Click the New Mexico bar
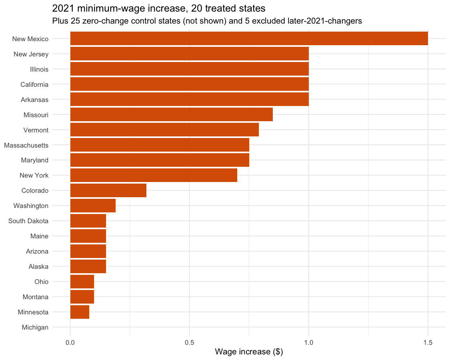pyautogui.click(x=249, y=38)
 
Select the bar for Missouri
pyautogui.click(x=171, y=114)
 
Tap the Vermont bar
pyautogui.click(x=164, y=130)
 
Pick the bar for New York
pyautogui.click(x=154, y=175)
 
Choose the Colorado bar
pyautogui.click(x=108, y=190)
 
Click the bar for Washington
pyautogui.click(x=93, y=206)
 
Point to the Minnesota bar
pyautogui.click(x=80, y=312)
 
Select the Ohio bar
pyautogui.click(x=82, y=282)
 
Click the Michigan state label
pyautogui.click(x=35, y=327)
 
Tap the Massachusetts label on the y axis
pyautogui.click(x=26, y=145)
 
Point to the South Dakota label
pyautogui.click(x=28, y=221)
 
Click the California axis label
pyautogui.click(x=34, y=84)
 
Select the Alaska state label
pyautogui.click(x=38, y=266)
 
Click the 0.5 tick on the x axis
pyautogui.click(x=190, y=342)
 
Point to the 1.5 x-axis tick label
pyautogui.click(x=428, y=342)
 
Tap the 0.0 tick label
pyautogui.click(x=70, y=342)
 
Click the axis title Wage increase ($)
pyautogui.click(x=249, y=352)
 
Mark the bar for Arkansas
pyautogui.click(x=190, y=99)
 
